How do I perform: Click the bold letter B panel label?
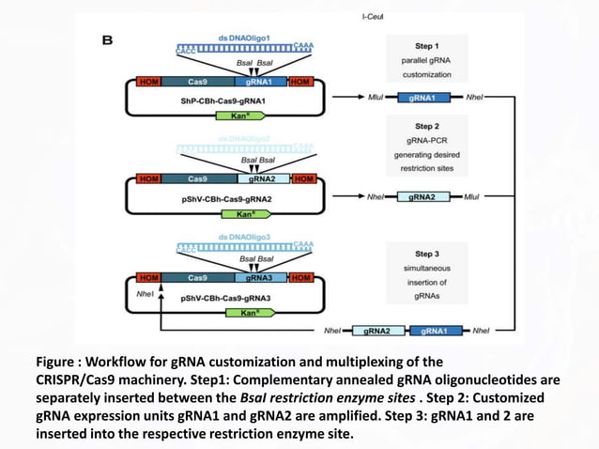pos(107,40)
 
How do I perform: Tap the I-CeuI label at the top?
pos(378,17)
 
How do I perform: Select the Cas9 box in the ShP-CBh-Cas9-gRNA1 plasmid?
pos(197,82)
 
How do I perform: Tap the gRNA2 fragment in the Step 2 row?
pos(423,197)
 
